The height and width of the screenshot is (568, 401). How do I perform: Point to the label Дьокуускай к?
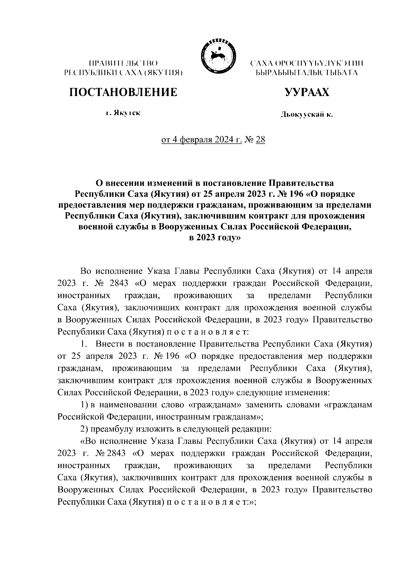(306, 115)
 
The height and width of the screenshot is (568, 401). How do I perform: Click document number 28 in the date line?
(260, 139)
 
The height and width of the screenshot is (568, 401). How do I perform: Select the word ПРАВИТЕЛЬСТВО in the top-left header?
(123, 63)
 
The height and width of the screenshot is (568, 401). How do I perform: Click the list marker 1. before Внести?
(84, 344)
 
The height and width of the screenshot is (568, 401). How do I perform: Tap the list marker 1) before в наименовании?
(85, 405)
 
